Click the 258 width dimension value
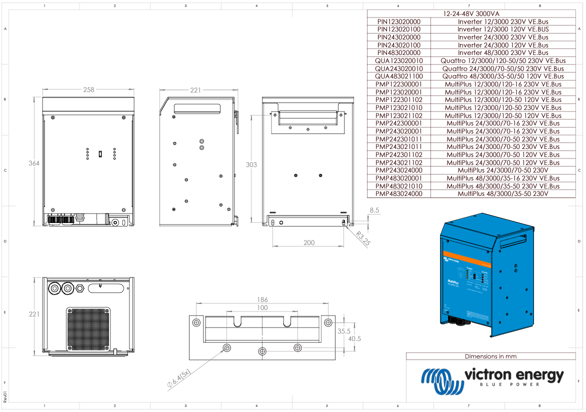pos(88,89)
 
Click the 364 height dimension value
pos(34,163)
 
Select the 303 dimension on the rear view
pos(251,164)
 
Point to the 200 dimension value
pos(309,242)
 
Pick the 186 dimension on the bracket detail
pos(262,299)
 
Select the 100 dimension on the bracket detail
pos(262,308)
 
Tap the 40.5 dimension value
pos(354,338)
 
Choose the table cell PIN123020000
pos(398,21)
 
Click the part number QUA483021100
pos(398,76)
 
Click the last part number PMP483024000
pos(398,193)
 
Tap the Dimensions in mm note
pos(490,356)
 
